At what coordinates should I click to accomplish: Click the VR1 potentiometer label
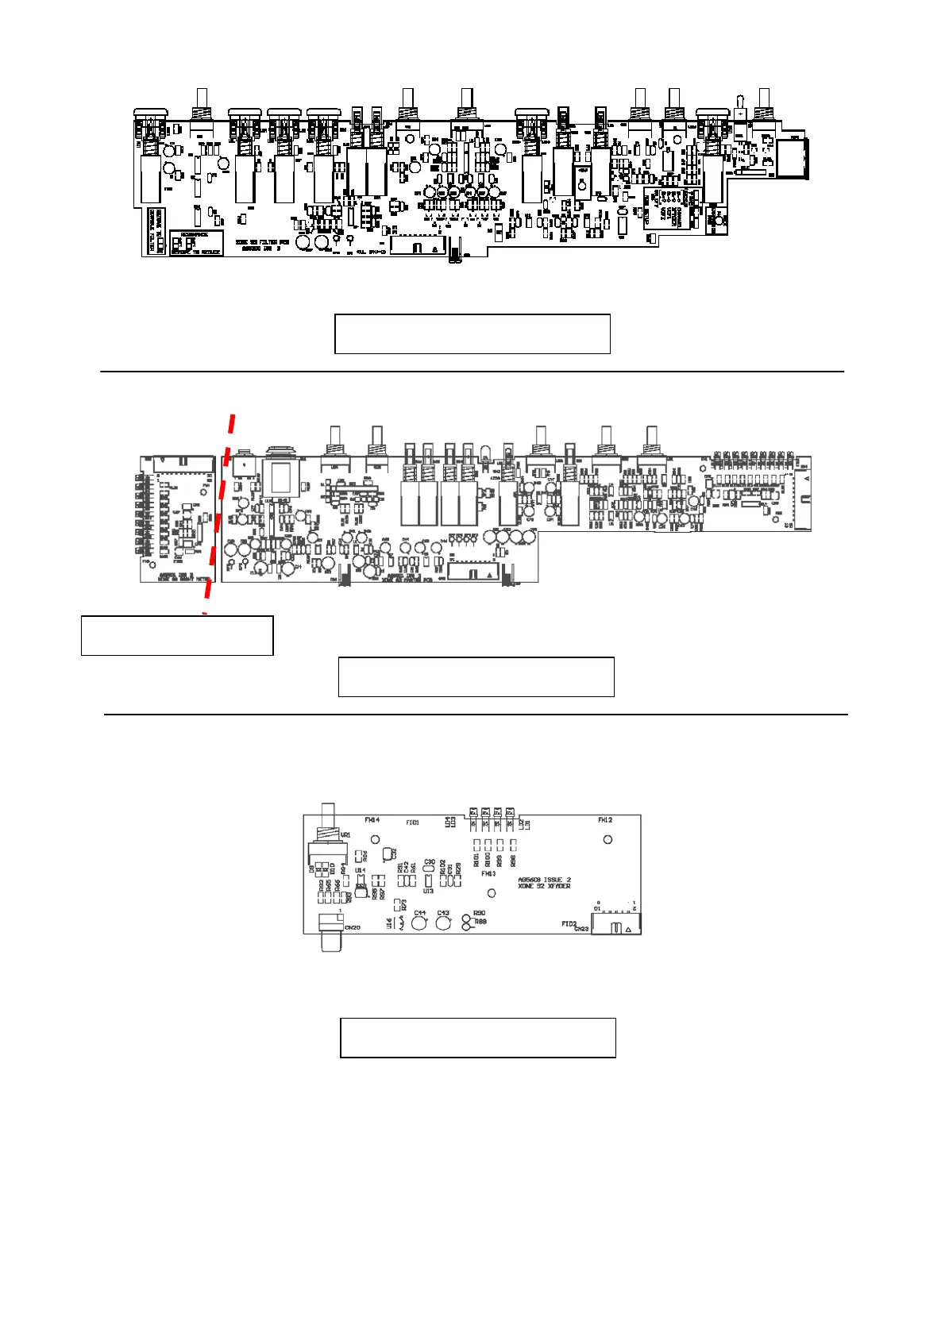tap(345, 835)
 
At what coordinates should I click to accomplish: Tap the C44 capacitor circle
tap(419, 923)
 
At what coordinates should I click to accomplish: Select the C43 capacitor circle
tap(443, 923)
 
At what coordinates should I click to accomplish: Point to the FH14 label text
tap(372, 820)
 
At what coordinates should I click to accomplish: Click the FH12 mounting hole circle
tap(608, 839)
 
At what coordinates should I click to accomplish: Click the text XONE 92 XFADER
tap(544, 886)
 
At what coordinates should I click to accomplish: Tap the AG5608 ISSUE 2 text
tap(544, 880)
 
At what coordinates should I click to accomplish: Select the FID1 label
tap(412, 823)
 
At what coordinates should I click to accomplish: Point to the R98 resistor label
tap(514, 861)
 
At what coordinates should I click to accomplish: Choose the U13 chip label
tap(429, 891)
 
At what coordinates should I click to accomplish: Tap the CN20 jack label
tap(353, 927)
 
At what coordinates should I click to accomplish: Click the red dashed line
tap(219, 512)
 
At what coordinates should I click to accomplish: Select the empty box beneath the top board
tap(472, 333)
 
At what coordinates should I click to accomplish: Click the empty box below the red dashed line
tap(177, 635)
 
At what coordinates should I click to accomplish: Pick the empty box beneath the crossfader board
tap(478, 1037)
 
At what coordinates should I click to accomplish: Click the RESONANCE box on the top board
tap(195, 243)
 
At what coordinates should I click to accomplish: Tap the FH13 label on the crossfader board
tap(488, 874)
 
